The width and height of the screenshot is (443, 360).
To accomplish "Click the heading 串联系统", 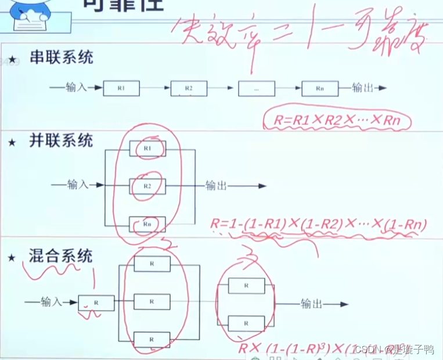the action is pyautogui.click(x=61, y=57).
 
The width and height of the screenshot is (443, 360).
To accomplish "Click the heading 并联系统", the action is pyautogui.click(x=61, y=141).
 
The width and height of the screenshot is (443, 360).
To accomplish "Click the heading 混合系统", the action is pyautogui.click(x=61, y=255).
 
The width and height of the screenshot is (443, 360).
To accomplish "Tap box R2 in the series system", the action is pyautogui.click(x=189, y=89).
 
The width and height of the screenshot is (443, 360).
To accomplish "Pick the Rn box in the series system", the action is pyautogui.click(x=319, y=89).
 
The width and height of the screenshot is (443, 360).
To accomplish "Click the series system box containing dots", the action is pyautogui.click(x=256, y=89).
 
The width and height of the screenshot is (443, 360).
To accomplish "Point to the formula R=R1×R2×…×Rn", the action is pyautogui.click(x=337, y=121).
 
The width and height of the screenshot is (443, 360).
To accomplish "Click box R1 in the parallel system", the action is pyautogui.click(x=147, y=149).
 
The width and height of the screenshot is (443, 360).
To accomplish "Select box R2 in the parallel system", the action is pyautogui.click(x=147, y=186).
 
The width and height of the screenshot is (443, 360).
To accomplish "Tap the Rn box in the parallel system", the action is pyautogui.click(x=147, y=224).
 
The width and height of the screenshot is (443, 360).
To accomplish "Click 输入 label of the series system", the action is pyautogui.click(x=76, y=88).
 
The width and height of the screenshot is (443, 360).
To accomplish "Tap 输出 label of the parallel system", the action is pyautogui.click(x=217, y=186).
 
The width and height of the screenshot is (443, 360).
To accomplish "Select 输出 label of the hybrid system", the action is pyautogui.click(x=311, y=304).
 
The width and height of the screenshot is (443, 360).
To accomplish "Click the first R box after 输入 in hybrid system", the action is pyautogui.click(x=96, y=303).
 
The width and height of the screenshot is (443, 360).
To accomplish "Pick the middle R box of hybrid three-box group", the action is pyautogui.click(x=152, y=302).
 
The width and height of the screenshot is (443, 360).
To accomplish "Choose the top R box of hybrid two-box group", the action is pyautogui.click(x=246, y=286).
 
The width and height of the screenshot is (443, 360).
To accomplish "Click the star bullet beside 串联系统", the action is pyautogui.click(x=12, y=60).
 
